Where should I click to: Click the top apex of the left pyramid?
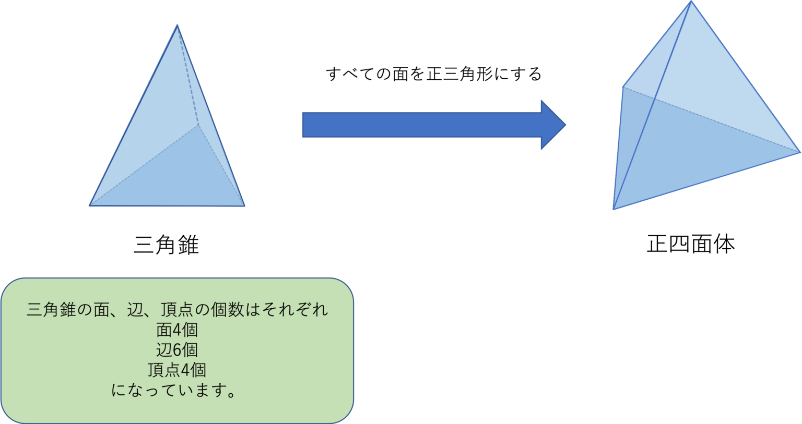[x=177, y=25]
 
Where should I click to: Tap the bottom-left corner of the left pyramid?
[x=90, y=205]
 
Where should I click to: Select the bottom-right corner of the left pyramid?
[x=244, y=205]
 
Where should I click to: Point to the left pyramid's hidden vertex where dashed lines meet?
[x=198, y=125]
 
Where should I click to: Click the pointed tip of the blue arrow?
[x=565, y=125]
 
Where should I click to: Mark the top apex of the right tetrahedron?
[x=692, y=2]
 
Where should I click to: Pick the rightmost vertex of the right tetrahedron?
[x=800, y=152]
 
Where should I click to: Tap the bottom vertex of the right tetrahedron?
[x=614, y=209]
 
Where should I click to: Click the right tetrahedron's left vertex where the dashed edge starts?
[x=623, y=86]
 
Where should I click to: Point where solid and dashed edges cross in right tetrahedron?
[x=655, y=98]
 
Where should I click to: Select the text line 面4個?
[x=177, y=330]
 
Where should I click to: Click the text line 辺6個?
[x=177, y=350]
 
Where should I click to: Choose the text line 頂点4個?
[x=177, y=370]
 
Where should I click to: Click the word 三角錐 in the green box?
[x=51, y=310]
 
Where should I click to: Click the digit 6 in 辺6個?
[x=176, y=350]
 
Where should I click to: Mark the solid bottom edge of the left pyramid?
[x=167, y=206]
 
